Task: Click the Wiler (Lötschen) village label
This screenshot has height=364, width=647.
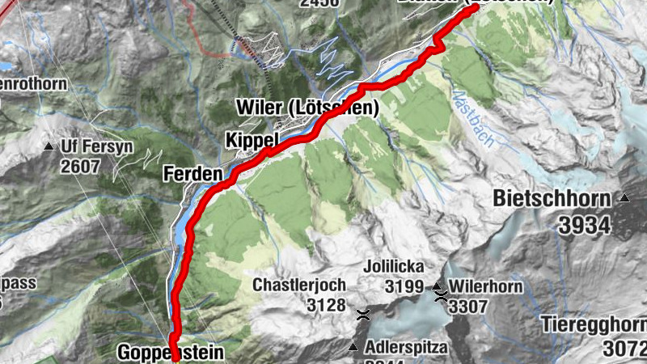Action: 307,108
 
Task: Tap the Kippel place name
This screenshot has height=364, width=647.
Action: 252,140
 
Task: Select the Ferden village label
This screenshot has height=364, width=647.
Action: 192,173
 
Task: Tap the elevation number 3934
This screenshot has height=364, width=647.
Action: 583,224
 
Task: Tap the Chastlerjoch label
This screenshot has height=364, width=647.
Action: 299,285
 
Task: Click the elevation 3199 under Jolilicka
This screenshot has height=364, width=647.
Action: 404,286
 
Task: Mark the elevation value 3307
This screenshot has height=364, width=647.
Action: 470,307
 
